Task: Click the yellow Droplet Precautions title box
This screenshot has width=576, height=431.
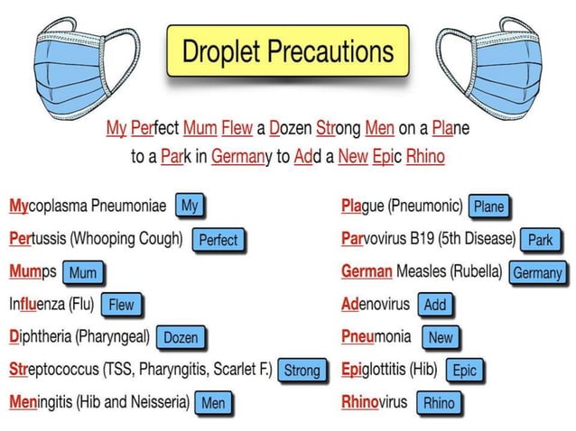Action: (288, 52)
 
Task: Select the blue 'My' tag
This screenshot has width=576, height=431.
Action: (190, 206)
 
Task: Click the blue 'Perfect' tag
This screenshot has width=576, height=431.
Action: (218, 239)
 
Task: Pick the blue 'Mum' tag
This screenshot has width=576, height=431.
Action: (83, 271)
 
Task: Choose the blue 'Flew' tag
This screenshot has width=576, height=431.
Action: (121, 305)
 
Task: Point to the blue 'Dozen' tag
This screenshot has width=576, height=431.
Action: (180, 338)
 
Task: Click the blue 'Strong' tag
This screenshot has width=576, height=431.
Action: (302, 370)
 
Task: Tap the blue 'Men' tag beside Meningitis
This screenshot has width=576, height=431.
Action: (213, 403)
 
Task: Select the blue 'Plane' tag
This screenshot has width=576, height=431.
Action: (488, 206)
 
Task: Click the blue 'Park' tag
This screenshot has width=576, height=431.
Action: (540, 240)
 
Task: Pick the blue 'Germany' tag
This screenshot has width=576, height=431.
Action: (537, 272)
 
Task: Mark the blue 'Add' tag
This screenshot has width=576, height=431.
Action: (435, 305)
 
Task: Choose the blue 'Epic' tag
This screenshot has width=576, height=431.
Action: (464, 370)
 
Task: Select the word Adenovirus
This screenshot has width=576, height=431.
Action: (376, 305)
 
